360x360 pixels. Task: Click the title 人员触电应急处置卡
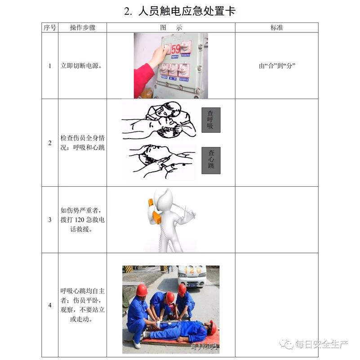click(x=180, y=11)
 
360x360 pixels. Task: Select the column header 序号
click(x=50, y=27)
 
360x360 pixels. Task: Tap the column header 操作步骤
click(x=82, y=27)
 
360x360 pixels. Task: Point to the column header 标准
click(x=276, y=27)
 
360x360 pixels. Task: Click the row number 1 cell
click(x=50, y=66)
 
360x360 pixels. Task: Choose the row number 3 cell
click(x=50, y=220)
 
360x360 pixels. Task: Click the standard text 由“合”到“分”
click(x=276, y=66)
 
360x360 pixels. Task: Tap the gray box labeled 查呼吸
click(x=211, y=120)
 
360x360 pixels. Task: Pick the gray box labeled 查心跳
click(x=211, y=160)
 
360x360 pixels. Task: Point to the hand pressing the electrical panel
click(x=158, y=56)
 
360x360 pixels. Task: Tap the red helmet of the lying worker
click(x=213, y=328)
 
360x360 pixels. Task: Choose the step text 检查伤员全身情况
click(x=83, y=143)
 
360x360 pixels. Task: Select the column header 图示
click(x=171, y=27)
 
